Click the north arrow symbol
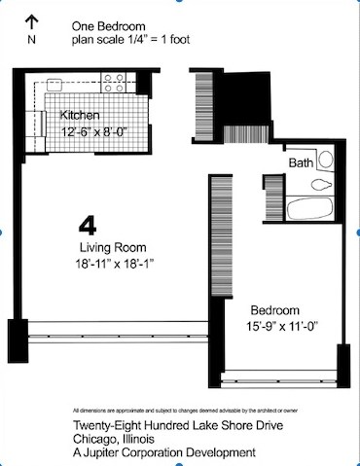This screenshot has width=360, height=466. pos(31,22)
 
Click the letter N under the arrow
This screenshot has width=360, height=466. pos(31,40)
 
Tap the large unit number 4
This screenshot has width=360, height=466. pos(88,226)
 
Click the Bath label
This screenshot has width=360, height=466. pos(301,163)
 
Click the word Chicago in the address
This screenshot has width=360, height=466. pos(95,438)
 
